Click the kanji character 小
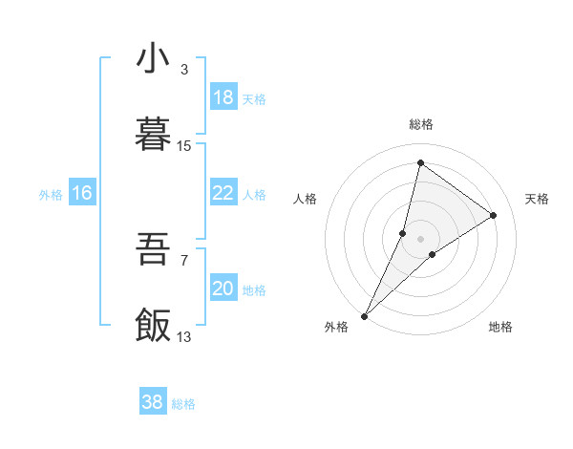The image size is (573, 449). (153, 59)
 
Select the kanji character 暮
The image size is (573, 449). (153, 136)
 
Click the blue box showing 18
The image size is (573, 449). (223, 97)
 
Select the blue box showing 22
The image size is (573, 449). (223, 193)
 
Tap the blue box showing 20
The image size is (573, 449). (223, 289)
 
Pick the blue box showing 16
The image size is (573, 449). (82, 193)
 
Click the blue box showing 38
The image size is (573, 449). (153, 402)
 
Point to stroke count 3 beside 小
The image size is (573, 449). (184, 70)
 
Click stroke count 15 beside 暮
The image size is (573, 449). (184, 146)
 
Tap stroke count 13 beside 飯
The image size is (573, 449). (184, 336)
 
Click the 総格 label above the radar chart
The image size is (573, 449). (421, 124)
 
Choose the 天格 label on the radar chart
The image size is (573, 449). (537, 199)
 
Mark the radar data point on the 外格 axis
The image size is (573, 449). (365, 315)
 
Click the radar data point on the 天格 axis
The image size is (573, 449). (494, 215)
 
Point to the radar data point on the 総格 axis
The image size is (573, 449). (420, 163)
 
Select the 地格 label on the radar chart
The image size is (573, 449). (500, 327)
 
